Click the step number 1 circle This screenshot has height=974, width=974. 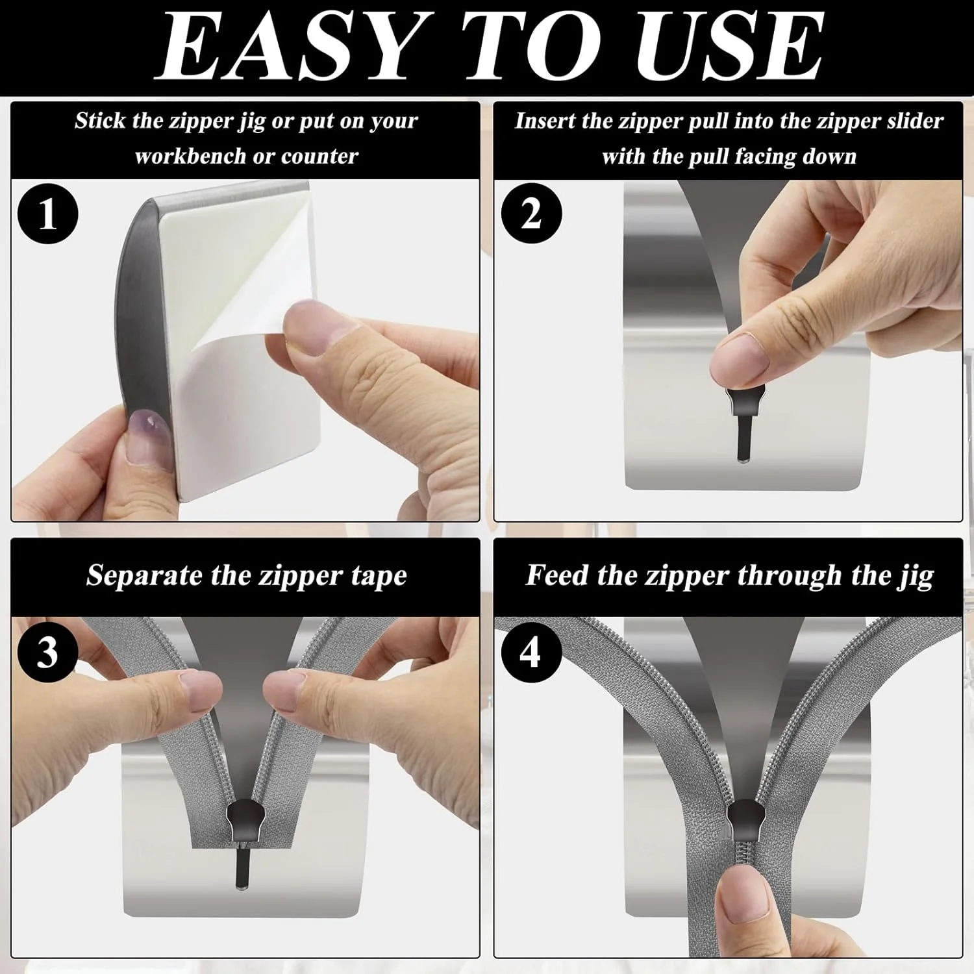[x=47, y=214]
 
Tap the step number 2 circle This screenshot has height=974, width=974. [x=531, y=214]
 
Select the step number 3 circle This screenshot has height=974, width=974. [x=47, y=652]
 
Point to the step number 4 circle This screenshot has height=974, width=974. [x=531, y=652]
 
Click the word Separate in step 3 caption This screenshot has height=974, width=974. [x=144, y=576]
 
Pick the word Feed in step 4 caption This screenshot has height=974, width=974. [x=554, y=575]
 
